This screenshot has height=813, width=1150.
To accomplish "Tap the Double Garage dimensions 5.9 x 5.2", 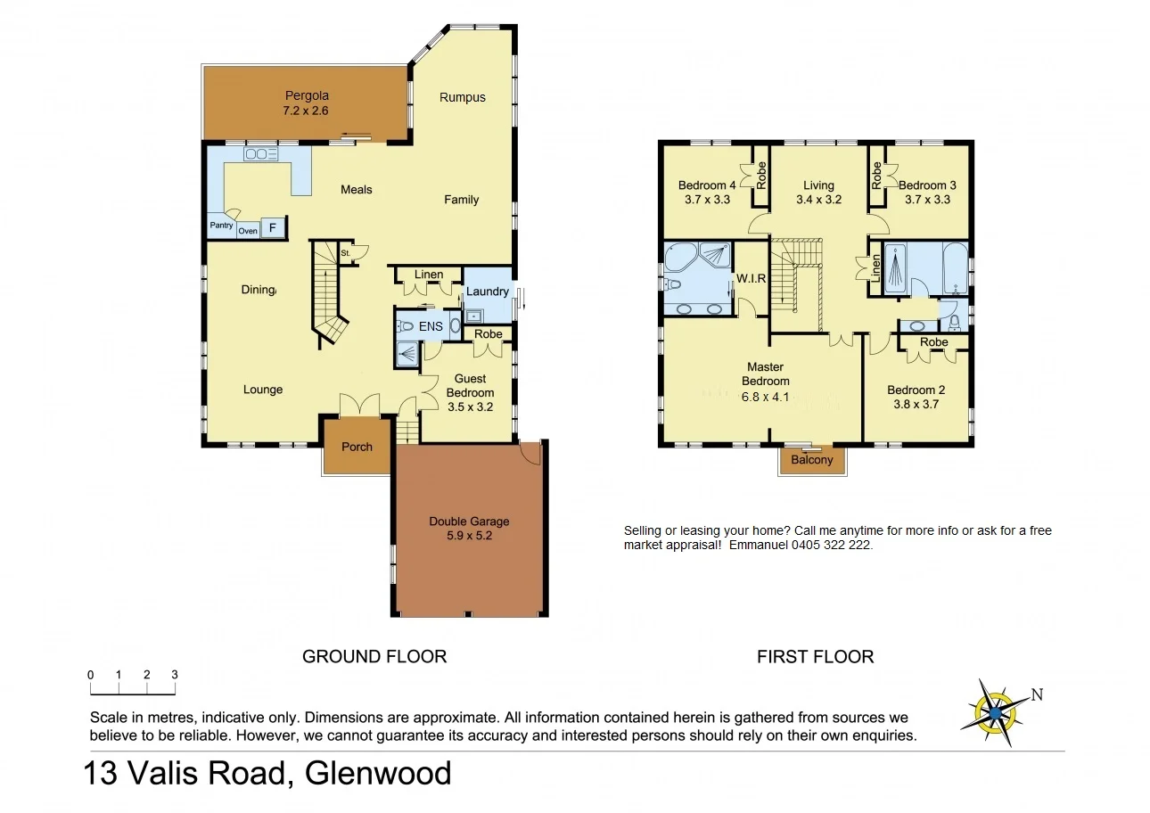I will click(469, 537).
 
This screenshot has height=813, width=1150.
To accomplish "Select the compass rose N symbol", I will click(1037, 694).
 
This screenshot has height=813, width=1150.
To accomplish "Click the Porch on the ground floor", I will click(357, 447).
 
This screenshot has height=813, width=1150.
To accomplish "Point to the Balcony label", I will click(811, 460).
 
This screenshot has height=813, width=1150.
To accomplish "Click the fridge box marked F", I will click(273, 228).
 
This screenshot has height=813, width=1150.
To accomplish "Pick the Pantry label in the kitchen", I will click(221, 226).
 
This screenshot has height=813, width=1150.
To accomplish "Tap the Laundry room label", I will click(487, 292).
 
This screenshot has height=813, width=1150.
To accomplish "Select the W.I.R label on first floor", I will click(751, 278).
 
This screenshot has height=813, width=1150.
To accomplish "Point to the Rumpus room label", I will click(463, 97).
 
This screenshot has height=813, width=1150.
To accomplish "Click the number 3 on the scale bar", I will click(175, 675).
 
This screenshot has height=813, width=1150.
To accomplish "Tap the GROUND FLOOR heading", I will click(374, 657).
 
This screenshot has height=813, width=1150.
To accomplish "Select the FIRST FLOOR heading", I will click(815, 657).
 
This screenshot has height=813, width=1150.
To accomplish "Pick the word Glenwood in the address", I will click(378, 772).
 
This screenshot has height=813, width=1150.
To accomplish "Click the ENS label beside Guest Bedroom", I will click(431, 326).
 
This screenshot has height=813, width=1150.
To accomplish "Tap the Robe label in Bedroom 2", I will click(933, 342).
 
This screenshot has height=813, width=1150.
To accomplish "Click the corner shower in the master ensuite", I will click(711, 256).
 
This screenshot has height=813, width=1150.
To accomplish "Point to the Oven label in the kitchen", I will click(247, 231).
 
